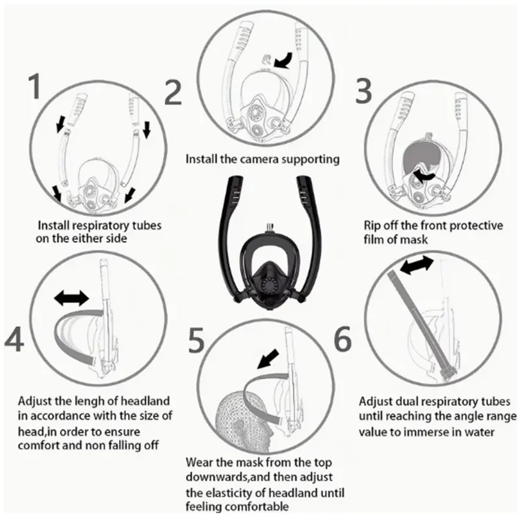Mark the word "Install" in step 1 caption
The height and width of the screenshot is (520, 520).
[x=54, y=226]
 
